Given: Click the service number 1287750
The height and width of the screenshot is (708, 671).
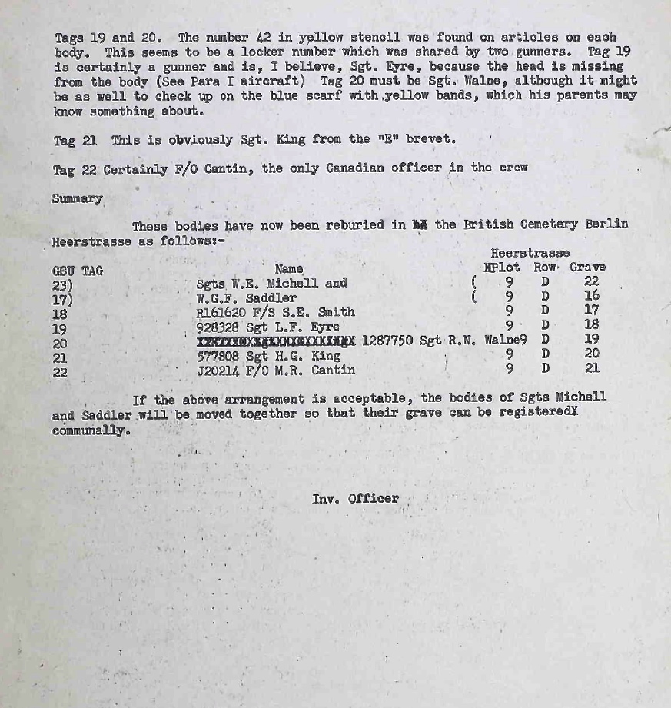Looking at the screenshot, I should [387, 341].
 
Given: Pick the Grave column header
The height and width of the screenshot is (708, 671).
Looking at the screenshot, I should [587, 268].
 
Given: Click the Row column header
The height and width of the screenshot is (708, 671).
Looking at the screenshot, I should [545, 268].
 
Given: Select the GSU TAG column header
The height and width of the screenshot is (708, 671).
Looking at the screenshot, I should [77, 270].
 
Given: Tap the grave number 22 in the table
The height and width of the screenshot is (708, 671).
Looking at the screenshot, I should [591, 282].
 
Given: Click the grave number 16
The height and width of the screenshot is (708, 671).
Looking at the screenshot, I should [591, 296].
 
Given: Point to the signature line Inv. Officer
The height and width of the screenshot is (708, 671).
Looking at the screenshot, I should [356, 498].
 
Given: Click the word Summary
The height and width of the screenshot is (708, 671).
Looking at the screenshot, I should [77, 198].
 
